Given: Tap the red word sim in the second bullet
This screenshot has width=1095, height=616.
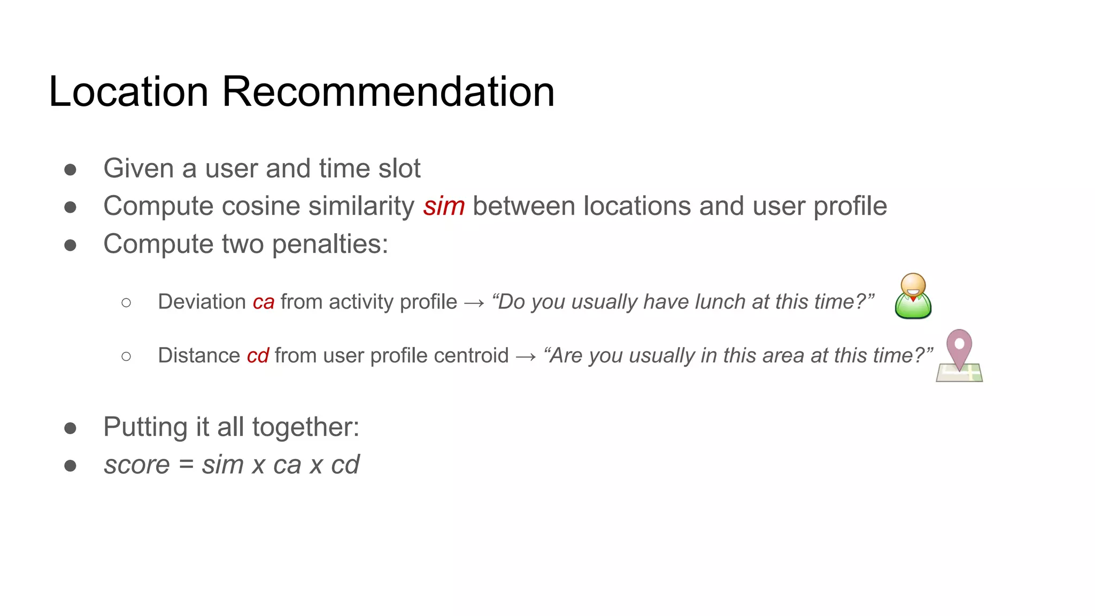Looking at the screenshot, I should (444, 206).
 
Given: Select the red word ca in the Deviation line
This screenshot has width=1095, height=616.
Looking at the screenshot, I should (264, 302).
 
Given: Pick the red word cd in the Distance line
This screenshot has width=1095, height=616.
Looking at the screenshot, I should (258, 356).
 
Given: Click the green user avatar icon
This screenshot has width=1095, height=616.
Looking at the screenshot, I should (913, 296).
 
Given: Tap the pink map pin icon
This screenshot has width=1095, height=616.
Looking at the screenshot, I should (959, 355).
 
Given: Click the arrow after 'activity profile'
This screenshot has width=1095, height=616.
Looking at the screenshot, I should (474, 303).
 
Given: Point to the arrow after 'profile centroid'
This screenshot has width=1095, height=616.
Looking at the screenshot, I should (526, 357).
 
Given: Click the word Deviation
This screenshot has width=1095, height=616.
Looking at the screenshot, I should (202, 302).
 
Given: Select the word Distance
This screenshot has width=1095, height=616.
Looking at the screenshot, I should (199, 356).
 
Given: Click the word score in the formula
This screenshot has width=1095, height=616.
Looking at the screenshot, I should (137, 465).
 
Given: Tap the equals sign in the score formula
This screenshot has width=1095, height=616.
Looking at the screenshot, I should (186, 465).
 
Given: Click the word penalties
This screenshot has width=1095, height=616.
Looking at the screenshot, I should (330, 244).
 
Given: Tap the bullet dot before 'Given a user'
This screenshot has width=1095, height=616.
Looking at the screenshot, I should (70, 170).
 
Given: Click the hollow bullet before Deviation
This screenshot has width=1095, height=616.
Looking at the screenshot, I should (126, 303).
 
